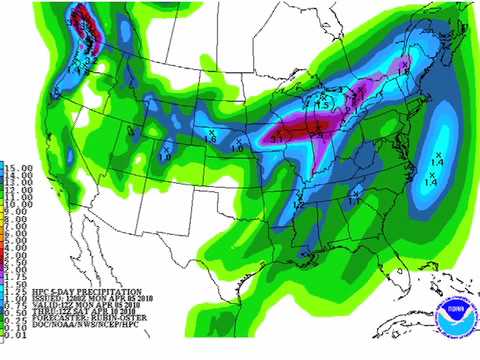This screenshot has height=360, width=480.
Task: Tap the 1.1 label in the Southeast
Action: tap(354, 201)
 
